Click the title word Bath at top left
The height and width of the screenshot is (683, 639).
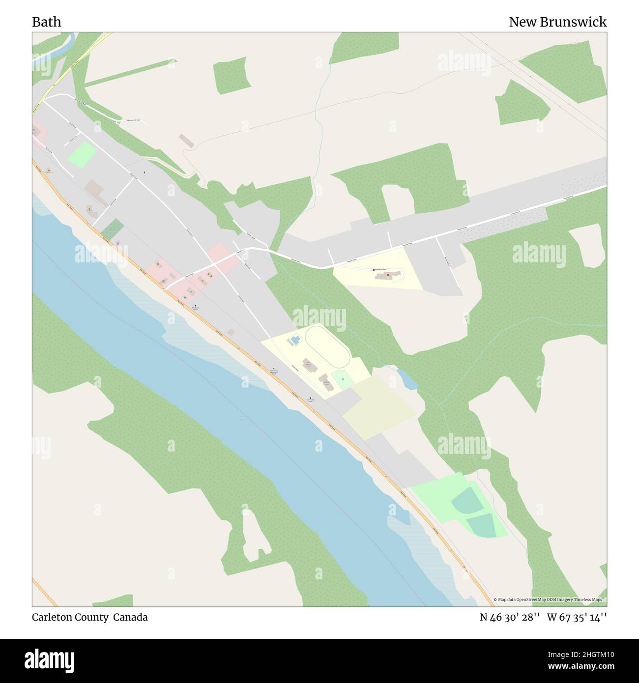[47, 22]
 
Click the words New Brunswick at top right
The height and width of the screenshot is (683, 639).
[557, 22]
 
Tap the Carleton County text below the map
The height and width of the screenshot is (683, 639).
[70, 617]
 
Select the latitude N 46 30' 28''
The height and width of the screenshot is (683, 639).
[510, 617]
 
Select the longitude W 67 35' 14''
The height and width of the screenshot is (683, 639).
[577, 617]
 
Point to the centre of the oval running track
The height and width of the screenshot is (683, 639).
[327, 346]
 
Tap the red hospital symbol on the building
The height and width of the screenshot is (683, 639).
[388, 275]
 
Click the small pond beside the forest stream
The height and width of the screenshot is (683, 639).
[407, 379]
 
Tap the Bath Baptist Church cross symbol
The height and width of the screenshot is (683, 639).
[195, 305]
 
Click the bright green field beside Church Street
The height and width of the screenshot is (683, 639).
[82, 155]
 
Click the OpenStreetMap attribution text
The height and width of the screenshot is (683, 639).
[550, 600]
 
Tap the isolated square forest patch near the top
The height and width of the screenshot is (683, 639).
[230, 75]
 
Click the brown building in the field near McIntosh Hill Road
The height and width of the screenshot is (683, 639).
[187, 141]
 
